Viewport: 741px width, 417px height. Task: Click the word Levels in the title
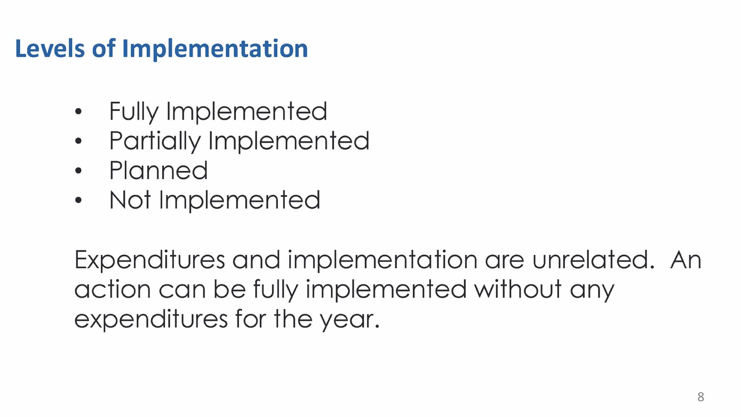(50, 48)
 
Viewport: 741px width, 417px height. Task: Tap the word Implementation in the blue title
(215, 49)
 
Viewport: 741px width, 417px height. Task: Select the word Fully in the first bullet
(134, 112)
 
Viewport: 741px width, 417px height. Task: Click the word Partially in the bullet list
(154, 141)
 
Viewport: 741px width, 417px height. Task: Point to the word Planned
(158, 170)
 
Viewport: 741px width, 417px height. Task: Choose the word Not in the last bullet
(130, 200)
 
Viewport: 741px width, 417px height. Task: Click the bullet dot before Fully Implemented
(78, 111)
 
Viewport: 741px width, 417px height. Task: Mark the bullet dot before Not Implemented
(78, 200)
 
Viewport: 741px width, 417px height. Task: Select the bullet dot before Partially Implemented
(78, 141)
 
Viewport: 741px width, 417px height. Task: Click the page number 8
(701, 397)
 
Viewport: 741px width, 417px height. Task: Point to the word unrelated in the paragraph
(593, 260)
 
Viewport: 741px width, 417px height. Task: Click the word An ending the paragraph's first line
(686, 260)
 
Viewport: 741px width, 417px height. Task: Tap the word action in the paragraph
(113, 289)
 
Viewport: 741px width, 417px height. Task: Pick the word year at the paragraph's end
(350, 320)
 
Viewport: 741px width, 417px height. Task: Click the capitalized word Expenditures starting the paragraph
(150, 260)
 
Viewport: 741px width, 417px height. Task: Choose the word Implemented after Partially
(289, 141)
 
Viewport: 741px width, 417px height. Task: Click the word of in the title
(104, 48)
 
